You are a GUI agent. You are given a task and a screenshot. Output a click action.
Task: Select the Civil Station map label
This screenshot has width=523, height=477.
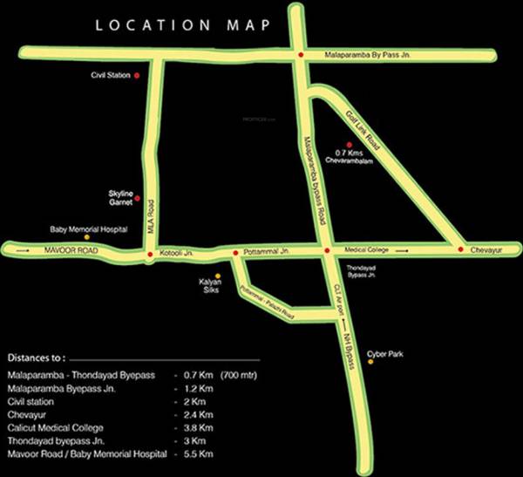click(111, 76)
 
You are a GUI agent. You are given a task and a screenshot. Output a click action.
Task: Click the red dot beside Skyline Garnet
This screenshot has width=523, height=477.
click(137, 198)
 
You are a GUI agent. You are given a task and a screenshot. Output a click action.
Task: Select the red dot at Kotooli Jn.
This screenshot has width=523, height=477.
click(150, 254)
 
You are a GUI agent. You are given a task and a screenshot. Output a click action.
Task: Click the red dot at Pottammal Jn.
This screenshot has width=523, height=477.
click(234, 254)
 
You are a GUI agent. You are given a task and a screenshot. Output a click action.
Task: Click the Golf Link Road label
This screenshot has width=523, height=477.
click(358, 127)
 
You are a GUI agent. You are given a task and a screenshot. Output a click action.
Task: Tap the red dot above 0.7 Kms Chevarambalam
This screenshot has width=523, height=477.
click(349, 145)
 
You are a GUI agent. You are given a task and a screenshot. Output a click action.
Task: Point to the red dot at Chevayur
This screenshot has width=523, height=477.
click(460, 250)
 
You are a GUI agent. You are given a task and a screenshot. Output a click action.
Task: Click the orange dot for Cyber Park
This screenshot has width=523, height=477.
click(370, 362)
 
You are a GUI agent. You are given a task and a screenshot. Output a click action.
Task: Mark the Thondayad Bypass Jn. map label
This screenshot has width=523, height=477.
click(360, 271)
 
